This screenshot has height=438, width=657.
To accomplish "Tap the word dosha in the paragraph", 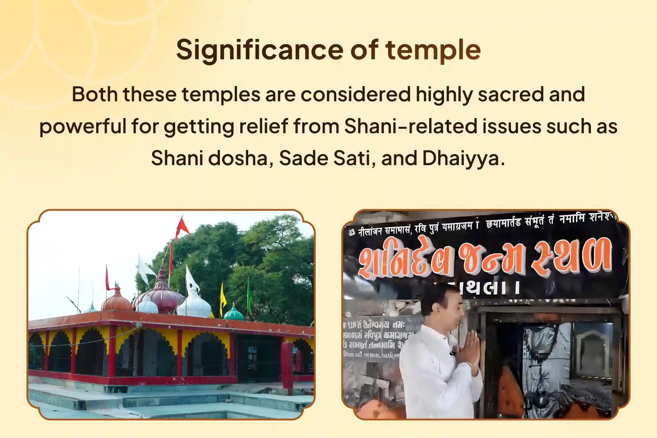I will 238,158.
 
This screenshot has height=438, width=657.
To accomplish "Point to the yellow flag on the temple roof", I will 223,297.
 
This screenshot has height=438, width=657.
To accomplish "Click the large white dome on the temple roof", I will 194,304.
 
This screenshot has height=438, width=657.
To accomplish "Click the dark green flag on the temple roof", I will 249,294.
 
